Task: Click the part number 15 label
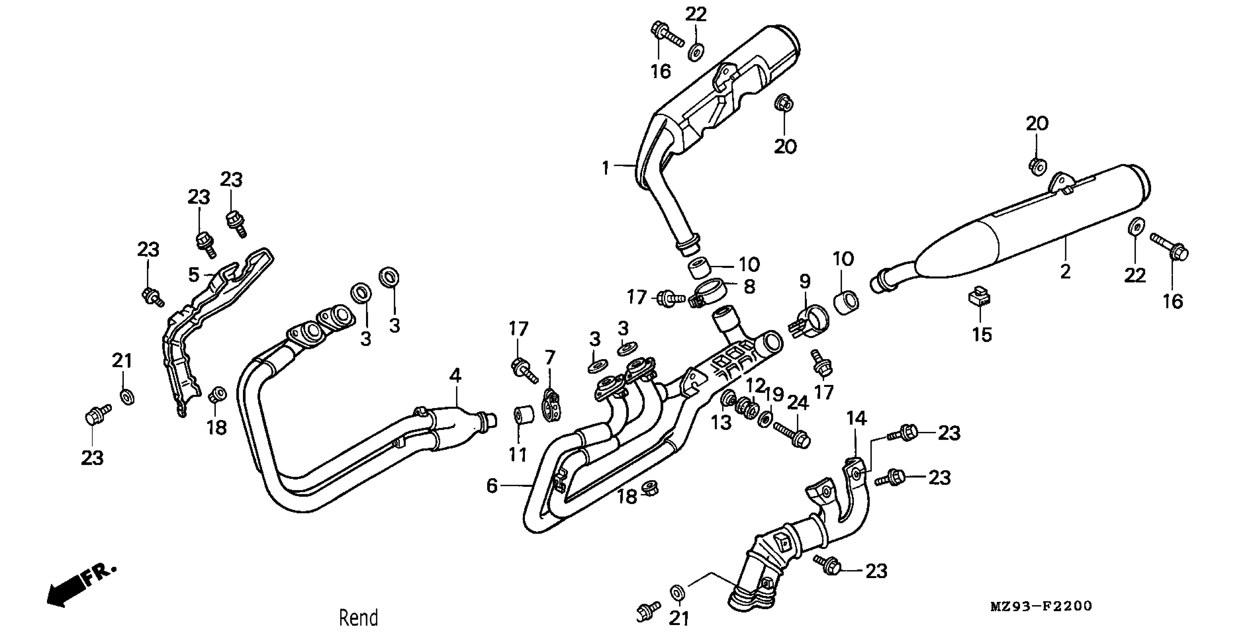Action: point(982,335)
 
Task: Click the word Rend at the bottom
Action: point(358,618)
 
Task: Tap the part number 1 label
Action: point(605,168)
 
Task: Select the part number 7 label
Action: point(550,358)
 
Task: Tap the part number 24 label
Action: point(798,403)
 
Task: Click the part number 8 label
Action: point(749,286)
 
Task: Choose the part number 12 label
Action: point(755,386)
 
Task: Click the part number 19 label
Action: point(774,395)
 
